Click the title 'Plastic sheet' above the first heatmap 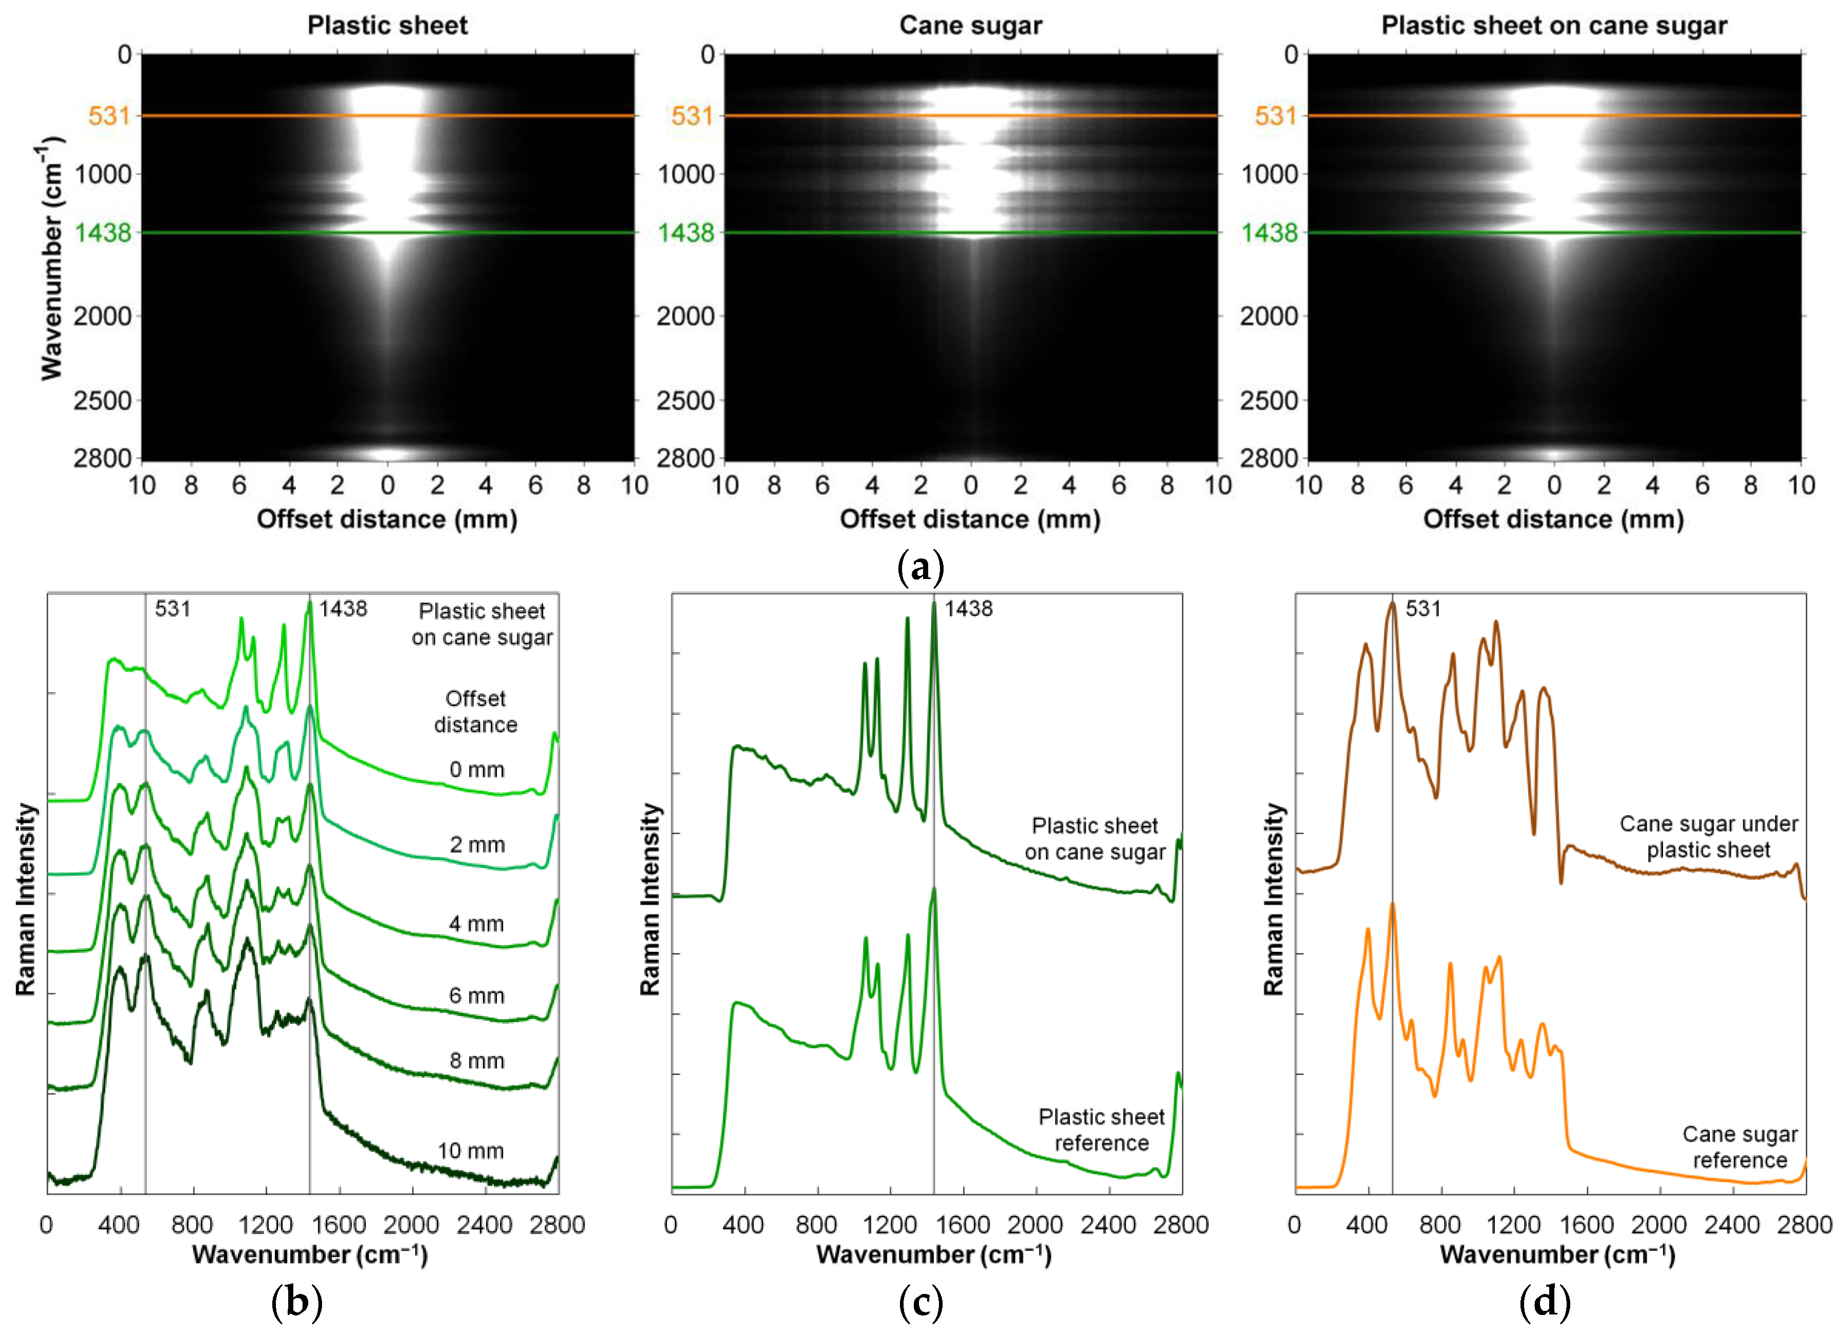[x=387, y=25]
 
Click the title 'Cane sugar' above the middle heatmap [x=971, y=25]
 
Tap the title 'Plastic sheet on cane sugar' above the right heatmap [x=1554, y=25]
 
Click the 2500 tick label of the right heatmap [x=1269, y=401]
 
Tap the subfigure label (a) [x=921, y=567]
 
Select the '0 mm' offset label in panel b [x=477, y=769]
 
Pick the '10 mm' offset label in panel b [x=471, y=1151]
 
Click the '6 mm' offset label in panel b [x=477, y=995]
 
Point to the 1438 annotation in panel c [x=968, y=608]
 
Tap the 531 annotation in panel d [x=1423, y=608]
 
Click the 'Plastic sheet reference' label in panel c [x=1102, y=1130]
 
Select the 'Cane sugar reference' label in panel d [x=1739, y=1147]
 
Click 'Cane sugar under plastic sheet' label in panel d [x=1709, y=836]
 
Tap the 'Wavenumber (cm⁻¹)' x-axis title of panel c [x=934, y=1255]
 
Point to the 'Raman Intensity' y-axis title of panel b [x=26, y=899]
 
